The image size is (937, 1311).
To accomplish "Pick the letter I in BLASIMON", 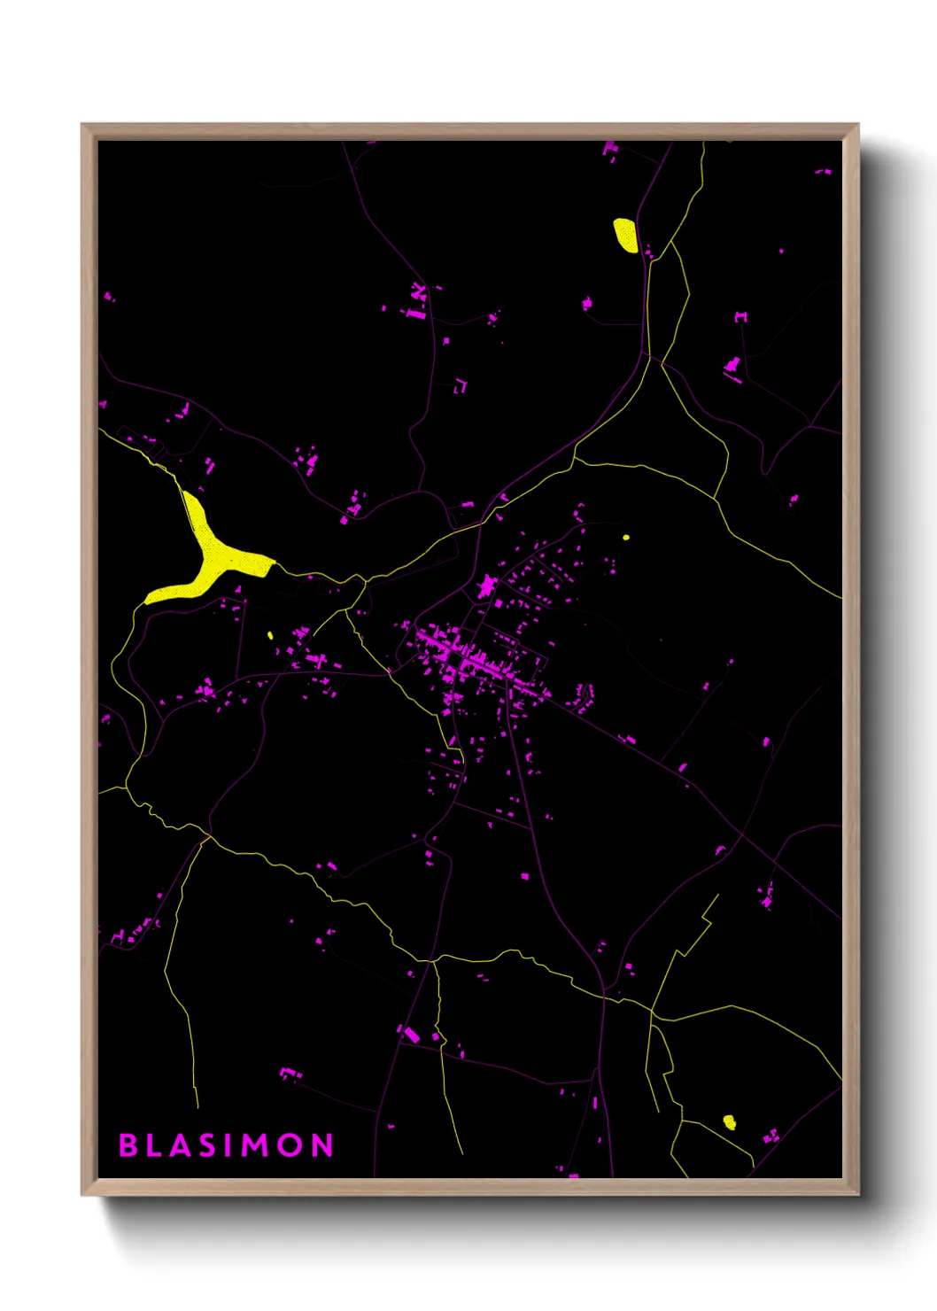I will coord(228,1145).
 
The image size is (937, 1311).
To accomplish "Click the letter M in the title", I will coord(255,1145).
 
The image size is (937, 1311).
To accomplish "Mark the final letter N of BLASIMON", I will coord(322,1145).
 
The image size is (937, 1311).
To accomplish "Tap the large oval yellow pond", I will coord(625,235).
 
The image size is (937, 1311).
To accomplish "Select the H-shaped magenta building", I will coord(740,316).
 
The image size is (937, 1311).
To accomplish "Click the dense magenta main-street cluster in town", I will coord(469,660).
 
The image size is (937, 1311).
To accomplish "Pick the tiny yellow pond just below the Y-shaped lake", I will coord(270,634).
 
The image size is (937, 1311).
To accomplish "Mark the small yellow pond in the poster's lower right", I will coord(729,1122).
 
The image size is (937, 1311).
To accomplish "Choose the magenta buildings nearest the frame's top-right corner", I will coord(825,171).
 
